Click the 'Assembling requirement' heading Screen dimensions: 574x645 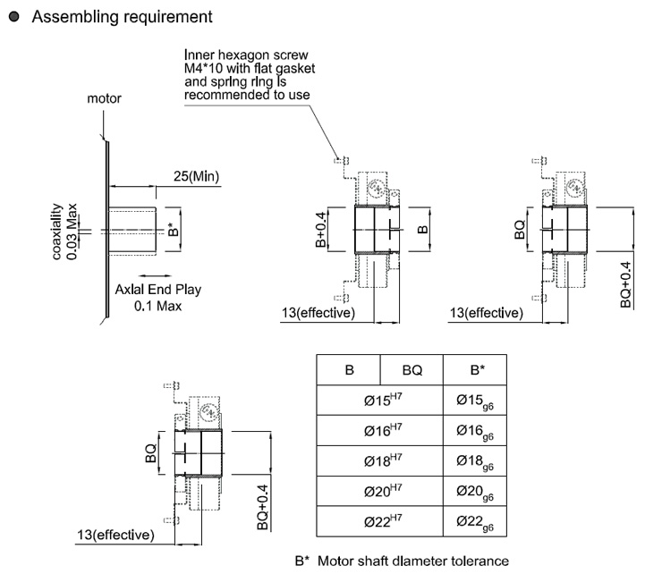(x=122, y=17)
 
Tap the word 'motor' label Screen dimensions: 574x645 (x=104, y=98)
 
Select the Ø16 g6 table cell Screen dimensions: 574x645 (x=474, y=432)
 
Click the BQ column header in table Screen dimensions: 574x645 (x=412, y=369)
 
